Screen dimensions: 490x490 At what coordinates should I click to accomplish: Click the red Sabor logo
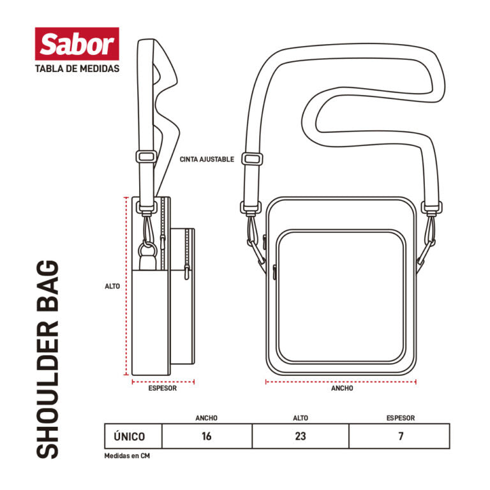point(77,44)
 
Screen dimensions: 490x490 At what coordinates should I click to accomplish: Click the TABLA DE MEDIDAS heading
point(77,69)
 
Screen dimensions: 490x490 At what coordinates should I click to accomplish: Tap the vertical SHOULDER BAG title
point(48,359)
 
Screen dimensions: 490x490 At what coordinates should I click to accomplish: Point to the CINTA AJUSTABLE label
point(207,160)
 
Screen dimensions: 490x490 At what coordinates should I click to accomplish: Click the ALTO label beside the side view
point(112,286)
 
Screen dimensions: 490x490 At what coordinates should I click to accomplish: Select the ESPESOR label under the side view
point(163,388)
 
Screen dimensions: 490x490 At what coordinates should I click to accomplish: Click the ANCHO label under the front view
point(342,388)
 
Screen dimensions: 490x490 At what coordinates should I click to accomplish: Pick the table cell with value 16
point(207,436)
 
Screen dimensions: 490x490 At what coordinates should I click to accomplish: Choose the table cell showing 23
point(301,436)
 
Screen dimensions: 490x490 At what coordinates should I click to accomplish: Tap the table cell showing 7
point(399,436)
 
